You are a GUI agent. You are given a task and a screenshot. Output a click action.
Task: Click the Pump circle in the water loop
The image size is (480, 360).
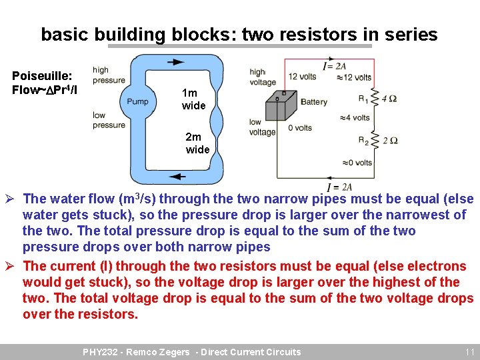point(137,102)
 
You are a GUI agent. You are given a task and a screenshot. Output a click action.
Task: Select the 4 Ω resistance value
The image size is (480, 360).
point(389,99)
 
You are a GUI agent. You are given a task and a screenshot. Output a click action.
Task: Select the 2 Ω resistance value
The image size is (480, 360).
point(390,141)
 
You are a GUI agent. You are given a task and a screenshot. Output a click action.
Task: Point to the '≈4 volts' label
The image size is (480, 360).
point(354,118)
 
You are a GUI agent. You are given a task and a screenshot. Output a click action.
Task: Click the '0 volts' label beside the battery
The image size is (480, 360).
point(299,128)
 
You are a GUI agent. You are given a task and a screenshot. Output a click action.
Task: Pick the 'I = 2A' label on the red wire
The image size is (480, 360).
point(334,66)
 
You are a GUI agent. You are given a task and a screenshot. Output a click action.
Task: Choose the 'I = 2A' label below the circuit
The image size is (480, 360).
point(339,187)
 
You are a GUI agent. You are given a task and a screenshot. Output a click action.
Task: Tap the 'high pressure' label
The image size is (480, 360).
point(109,75)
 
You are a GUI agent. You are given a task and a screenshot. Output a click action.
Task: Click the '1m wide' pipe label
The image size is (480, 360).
point(193,99)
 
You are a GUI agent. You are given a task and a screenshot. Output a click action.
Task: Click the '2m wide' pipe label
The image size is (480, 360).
point(197,143)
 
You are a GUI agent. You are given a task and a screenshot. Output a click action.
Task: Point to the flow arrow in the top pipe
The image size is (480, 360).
point(176,62)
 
